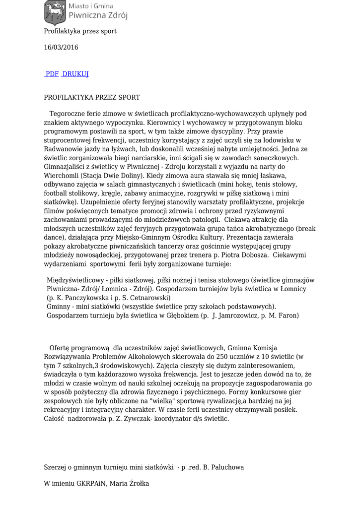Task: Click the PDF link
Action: [x=52, y=74]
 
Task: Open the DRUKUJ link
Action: [x=75, y=74]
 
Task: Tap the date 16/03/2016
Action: [x=61, y=48]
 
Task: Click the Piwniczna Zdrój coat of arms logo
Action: [x=55, y=13]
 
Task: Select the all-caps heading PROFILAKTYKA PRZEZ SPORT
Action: [x=92, y=98]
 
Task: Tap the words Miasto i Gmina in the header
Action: [x=90, y=6]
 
